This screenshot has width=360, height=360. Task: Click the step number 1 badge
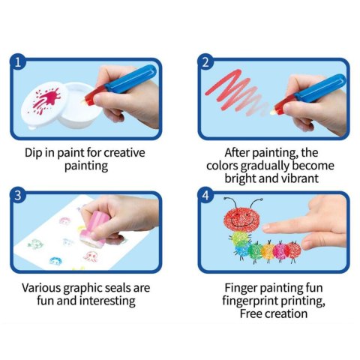pyautogui.click(x=17, y=62)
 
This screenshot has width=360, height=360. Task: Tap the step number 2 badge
pyautogui.click(x=205, y=62)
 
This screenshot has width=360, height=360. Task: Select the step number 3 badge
pyautogui.click(x=17, y=196)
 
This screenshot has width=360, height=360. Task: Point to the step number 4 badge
pyautogui.click(x=205, y=196)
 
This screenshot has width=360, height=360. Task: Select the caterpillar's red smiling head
pyautogui.click(x=241, y=220)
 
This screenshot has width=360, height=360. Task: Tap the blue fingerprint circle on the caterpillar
pyautogui.click(x=242, y=250)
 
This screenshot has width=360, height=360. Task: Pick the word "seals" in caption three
pyautogui.click(x=117, y=288)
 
